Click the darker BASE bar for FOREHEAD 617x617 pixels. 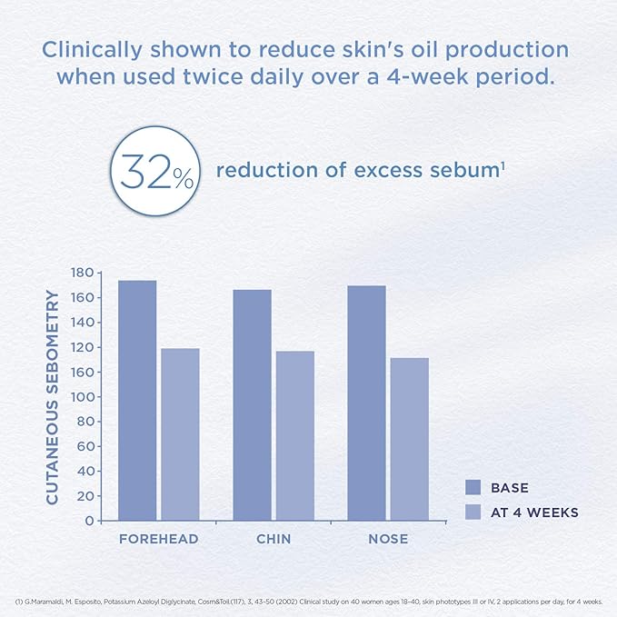(137, 400)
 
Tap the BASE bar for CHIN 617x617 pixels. (252, 404)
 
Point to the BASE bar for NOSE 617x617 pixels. (366, 403)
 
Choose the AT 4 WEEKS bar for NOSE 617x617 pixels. (409, 439)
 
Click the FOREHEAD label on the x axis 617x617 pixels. (159, 539)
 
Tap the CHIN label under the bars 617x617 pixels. (274, 539)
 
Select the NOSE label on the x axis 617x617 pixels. (388, 539)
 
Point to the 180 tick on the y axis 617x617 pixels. (83, 273)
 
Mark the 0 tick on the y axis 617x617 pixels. (90, 521)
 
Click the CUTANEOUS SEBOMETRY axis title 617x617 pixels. (53, 397)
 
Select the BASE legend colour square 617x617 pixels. (473, 488)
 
